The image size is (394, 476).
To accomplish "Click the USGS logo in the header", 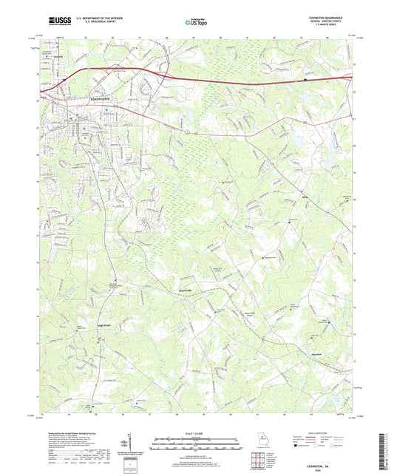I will (56, 20).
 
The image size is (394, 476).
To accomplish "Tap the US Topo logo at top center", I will (196, 21).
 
